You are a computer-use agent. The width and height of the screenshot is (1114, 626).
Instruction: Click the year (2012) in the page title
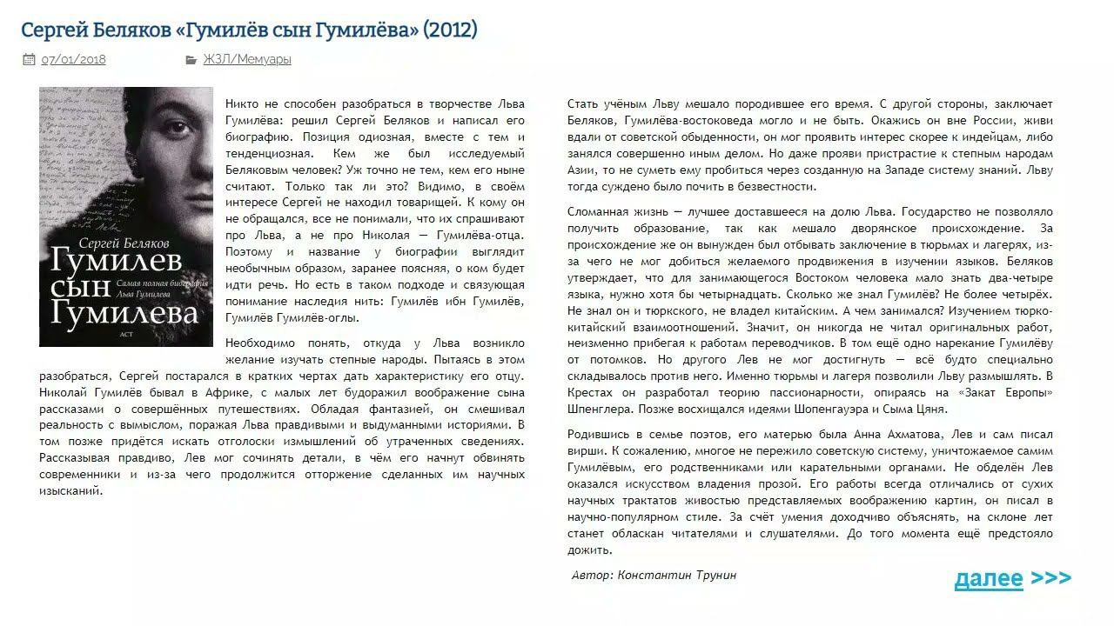coord(450,30)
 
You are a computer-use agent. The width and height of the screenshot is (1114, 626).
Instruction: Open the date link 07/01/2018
coord(73,60)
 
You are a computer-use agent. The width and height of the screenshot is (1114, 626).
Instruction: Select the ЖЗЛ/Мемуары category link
coord(247,60)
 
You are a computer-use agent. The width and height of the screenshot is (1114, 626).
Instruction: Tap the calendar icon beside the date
coord(29,60)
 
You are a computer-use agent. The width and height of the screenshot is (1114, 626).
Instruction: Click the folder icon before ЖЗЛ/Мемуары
coord(191,60)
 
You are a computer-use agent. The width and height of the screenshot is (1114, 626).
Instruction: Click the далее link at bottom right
coord(989,578)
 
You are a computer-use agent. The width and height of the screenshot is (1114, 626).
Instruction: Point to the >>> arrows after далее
coord(1050,578)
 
